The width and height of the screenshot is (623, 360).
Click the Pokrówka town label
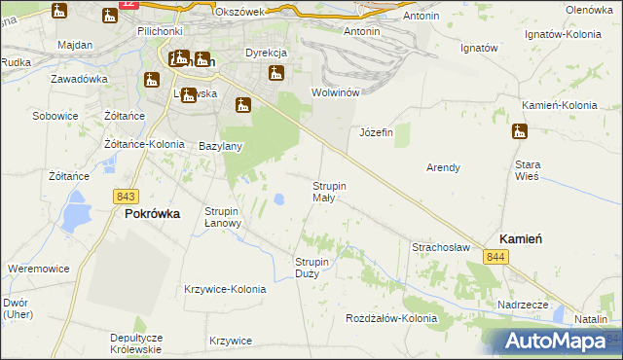pos(152,215)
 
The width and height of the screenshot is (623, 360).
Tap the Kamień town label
pos(521,237)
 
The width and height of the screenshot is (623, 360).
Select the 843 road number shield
pos(125,196)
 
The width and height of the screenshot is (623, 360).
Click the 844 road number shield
pos(496,256)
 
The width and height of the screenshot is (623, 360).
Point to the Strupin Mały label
pos(329,191)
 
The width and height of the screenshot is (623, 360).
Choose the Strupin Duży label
pos(313,267)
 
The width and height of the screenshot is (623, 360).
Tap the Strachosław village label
pos(441,247)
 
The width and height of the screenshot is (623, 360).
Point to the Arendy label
pos(443,167)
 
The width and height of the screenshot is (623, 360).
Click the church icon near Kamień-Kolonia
pos(520,132)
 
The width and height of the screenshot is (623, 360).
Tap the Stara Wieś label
pos(528,171)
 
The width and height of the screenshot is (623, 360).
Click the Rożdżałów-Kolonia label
pos(391,318)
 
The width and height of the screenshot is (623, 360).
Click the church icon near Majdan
pos(60,12)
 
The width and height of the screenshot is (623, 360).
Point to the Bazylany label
pos(220,146)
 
